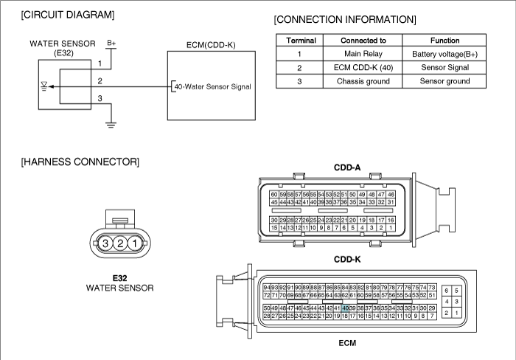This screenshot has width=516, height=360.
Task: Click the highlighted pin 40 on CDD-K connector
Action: [345, 308]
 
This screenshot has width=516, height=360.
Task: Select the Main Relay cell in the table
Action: [363, 54]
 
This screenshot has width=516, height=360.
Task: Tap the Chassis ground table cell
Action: [363, 81]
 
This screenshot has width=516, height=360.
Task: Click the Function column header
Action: [444, 40]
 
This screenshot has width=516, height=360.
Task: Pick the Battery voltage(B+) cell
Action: [444, 54]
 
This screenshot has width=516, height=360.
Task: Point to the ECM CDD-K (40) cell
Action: [363, 68]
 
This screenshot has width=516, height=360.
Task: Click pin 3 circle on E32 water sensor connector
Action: [105, 243]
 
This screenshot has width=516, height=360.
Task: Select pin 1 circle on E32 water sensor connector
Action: [135, 243]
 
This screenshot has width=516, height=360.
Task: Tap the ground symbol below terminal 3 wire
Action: [111, 125]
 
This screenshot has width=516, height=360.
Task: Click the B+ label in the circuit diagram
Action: [111, 43]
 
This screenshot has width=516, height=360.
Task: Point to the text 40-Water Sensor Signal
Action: [212, 86]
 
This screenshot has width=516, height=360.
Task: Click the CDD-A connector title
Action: [347, 167]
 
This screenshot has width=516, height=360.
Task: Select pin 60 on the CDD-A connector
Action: [273, 194]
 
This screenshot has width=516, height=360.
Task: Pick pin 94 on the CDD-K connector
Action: [267, 288]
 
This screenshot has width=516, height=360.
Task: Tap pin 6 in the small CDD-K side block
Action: [447, 291]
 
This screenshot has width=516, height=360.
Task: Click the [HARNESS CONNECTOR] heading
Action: [80, 162]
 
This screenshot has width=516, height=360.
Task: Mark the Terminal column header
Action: [301, 40]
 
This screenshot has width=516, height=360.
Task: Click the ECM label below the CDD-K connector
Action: [347, 343]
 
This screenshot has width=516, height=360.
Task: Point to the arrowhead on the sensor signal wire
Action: [52, 86]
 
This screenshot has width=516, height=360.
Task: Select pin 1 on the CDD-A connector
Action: [391, 228]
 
